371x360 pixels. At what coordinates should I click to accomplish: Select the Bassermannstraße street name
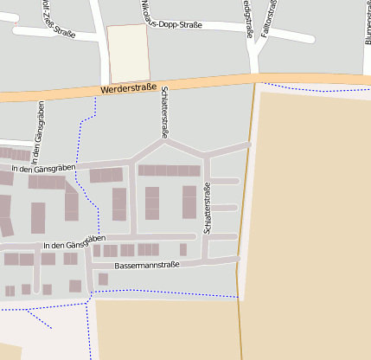[146, 265]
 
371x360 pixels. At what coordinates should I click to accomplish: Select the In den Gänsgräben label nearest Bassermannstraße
[74, 243]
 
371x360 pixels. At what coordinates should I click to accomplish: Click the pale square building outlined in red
[127, 54]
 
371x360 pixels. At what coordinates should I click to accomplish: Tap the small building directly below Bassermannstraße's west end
[103, 279]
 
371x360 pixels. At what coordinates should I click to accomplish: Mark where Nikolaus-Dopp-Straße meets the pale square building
[149, 25]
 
